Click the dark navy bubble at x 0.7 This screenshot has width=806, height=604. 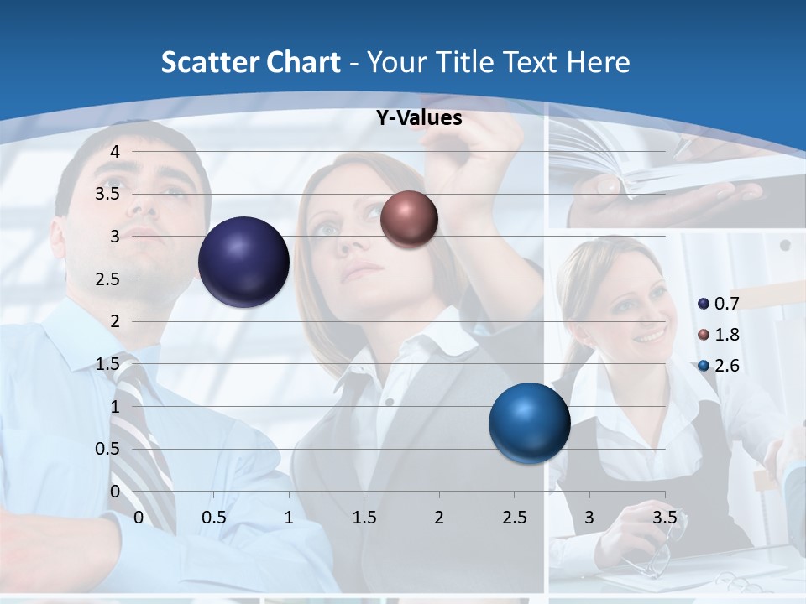coord(243,262)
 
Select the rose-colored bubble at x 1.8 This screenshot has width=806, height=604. coord(409,219)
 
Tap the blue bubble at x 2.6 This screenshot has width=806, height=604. coord(529,423)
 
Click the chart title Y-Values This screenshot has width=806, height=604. coord(418,118)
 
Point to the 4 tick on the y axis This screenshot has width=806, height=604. coord(115,152)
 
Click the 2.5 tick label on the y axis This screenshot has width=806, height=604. coord(107,279)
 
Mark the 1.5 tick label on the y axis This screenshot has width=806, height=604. coord(107,364)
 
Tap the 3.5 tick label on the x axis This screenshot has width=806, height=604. coord(664,518)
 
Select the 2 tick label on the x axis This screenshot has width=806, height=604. coord(438,518)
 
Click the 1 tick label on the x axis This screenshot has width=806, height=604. coord(289,518)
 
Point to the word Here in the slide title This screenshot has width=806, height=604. coord(597,62)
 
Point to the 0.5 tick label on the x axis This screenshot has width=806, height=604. coord(214,518)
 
